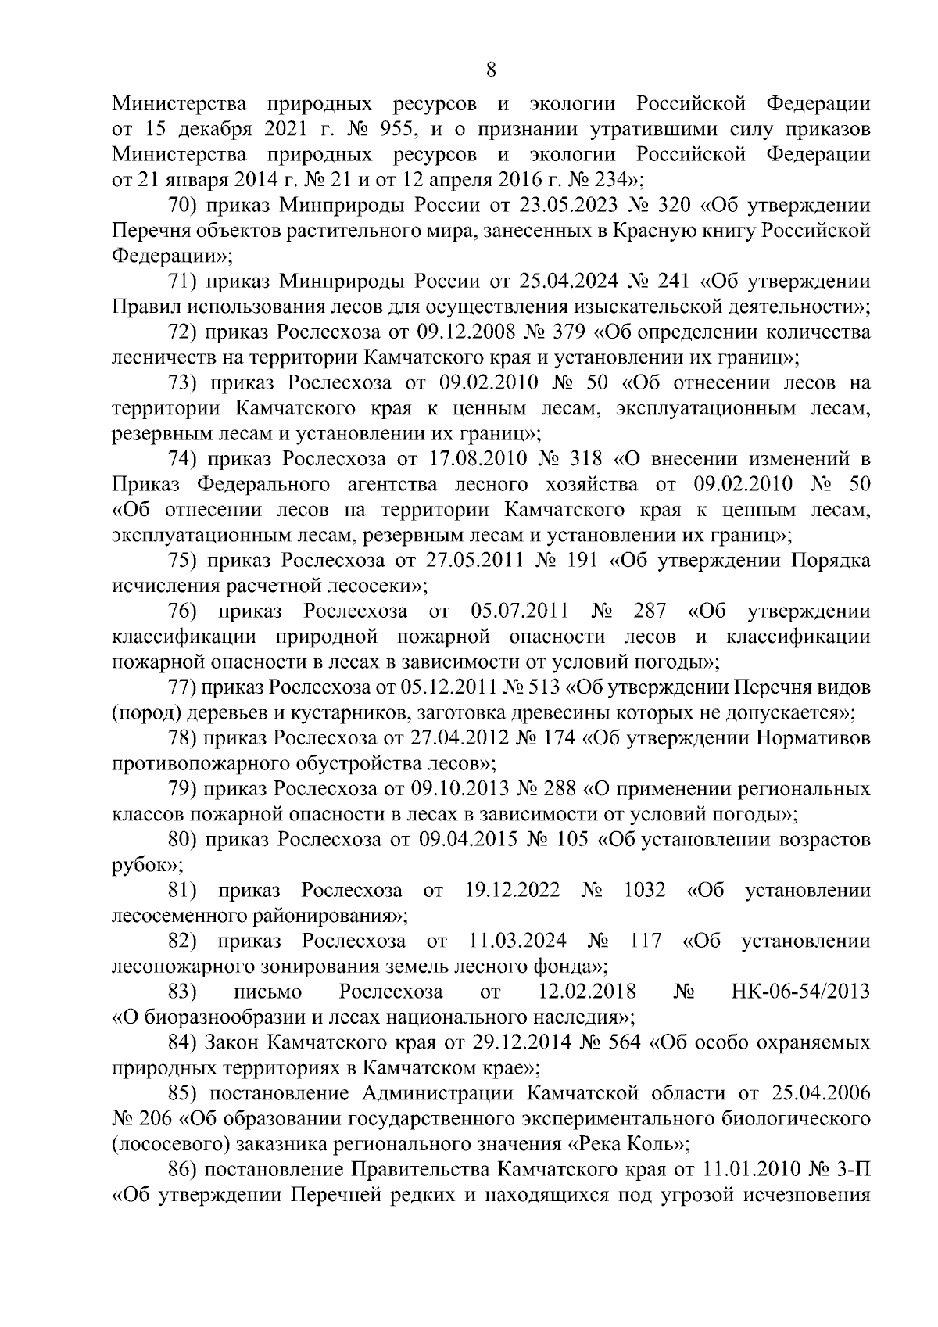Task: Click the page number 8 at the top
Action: click(x=490, y=71)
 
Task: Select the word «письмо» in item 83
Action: click(x=267, y=992)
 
